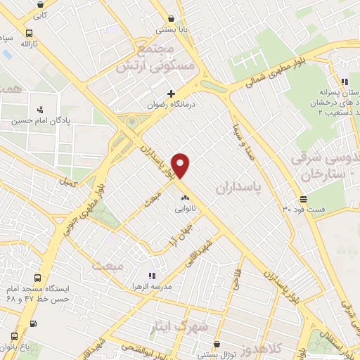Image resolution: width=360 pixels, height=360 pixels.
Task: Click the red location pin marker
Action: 181,166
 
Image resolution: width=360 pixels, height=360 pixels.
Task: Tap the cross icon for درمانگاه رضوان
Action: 171,94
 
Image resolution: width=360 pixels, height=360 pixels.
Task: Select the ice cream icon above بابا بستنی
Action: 171,20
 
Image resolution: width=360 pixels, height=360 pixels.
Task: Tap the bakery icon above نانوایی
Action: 185,198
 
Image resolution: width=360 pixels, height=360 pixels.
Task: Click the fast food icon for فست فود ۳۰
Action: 304,198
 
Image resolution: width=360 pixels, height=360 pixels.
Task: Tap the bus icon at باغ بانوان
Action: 33,324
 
